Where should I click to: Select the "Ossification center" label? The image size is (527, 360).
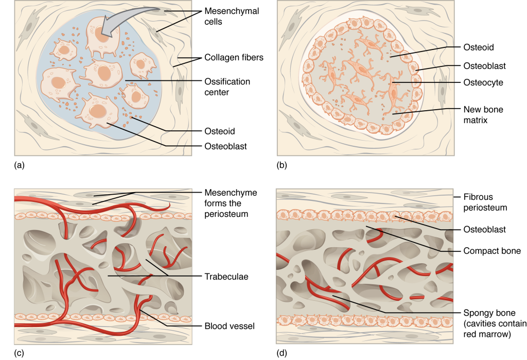(x=227, y=87)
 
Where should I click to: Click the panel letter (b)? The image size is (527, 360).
(x=282, y=165)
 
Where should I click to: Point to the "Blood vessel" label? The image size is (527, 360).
(x=229, y=325)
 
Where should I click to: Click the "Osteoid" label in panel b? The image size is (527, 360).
(x=479, y=47)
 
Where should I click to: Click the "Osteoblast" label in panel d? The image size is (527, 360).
(x=483, y=229)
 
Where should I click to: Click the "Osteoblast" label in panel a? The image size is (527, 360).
(x=225, y=146)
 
